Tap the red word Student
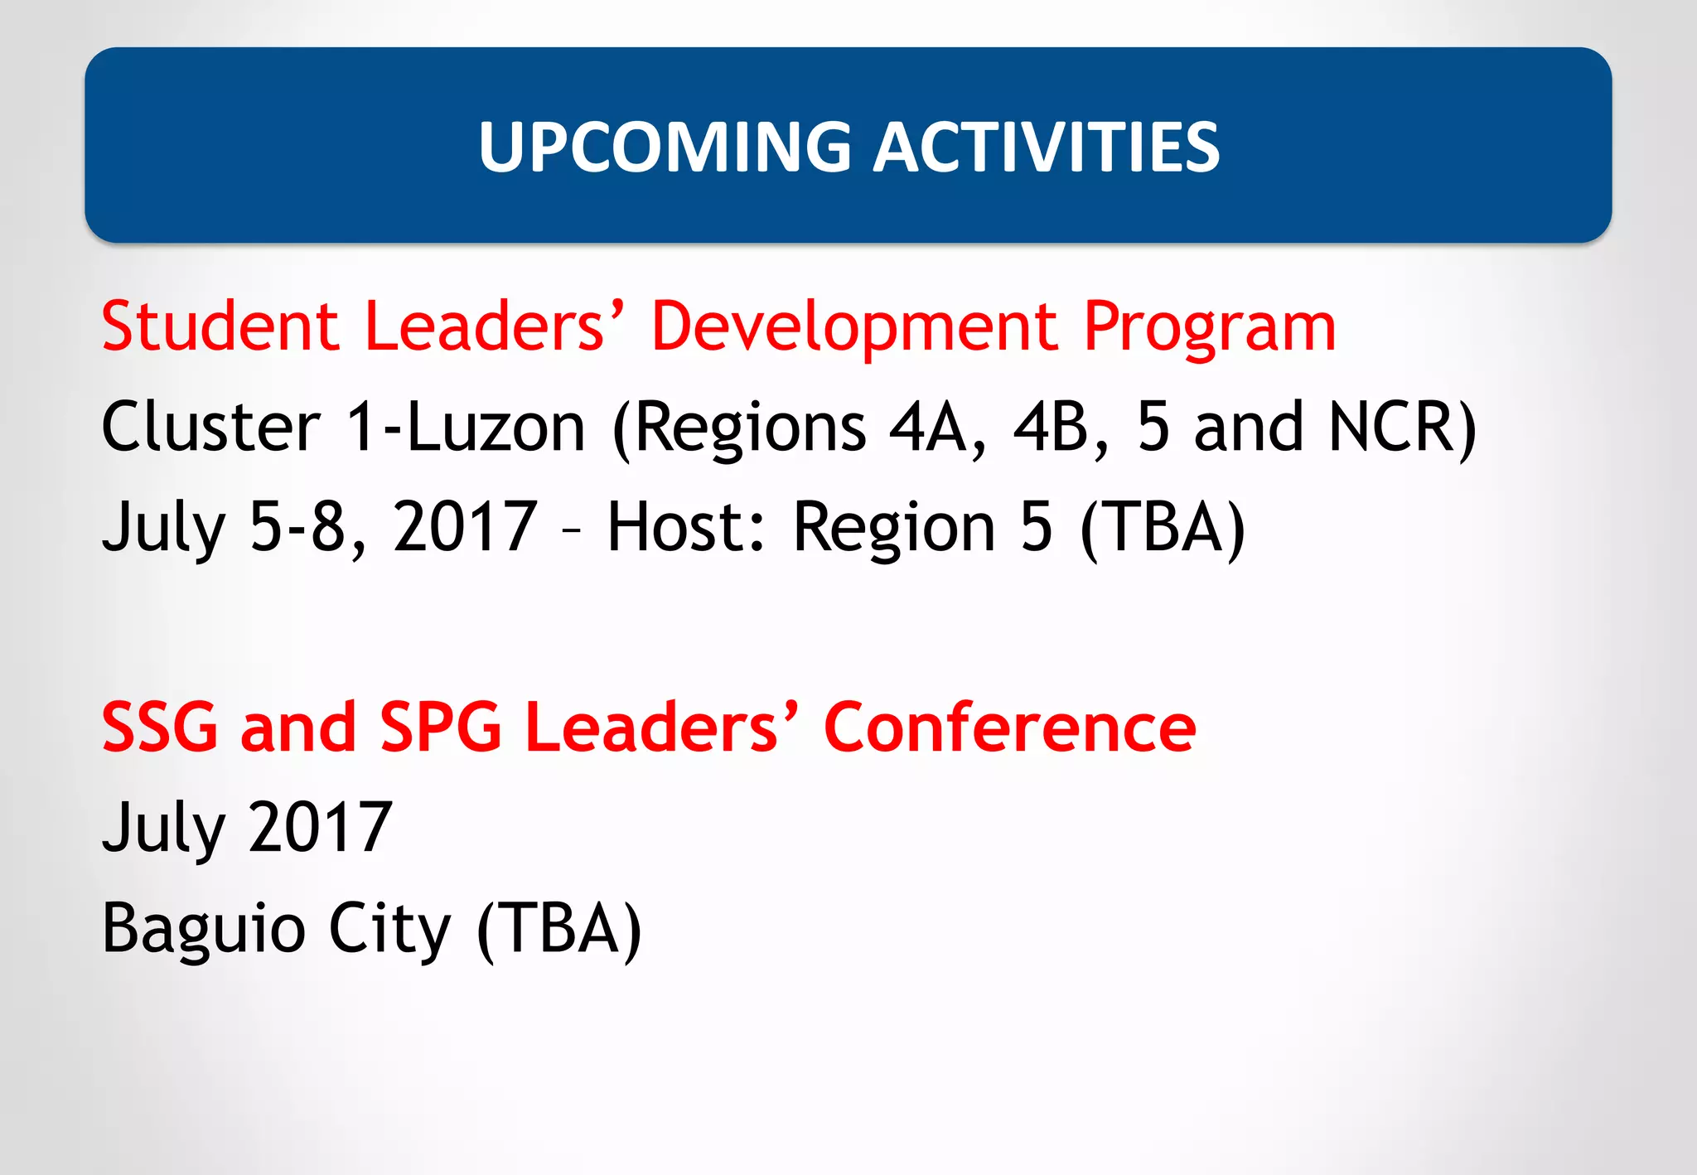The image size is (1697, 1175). tap(220, 326)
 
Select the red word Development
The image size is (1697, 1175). tap(854, 328)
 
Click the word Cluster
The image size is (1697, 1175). tap(210, 427)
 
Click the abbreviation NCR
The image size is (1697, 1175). tap(1400, 428)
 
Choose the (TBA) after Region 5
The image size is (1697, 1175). tap(1163, 528)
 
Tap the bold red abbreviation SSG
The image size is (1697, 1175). tap(160, 728)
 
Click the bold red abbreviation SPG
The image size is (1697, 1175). tap(440, 728)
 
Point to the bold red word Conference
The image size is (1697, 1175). tap(1010, 728)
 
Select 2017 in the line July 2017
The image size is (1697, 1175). tap(320, 827)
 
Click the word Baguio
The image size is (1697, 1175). tap(203, 929)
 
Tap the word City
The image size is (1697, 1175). tap(389, 929)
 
